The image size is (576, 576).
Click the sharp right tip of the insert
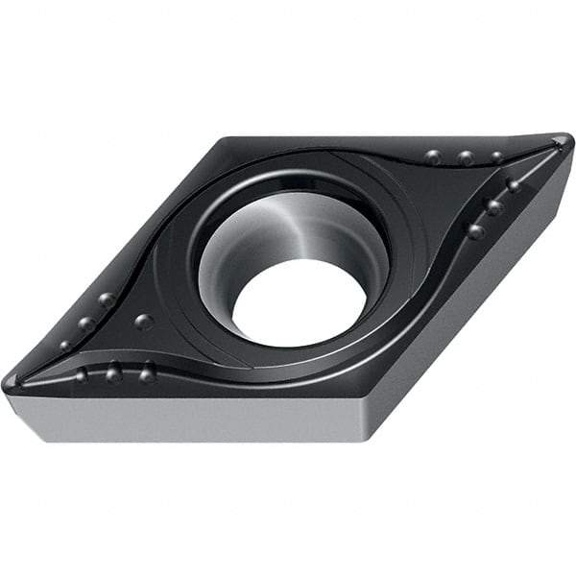(x=566, y=142)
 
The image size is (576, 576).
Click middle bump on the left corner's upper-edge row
(x=85, y=324)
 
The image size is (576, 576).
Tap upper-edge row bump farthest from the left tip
(x=106, y=300)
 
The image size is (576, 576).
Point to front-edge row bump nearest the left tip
(x=82, y=374)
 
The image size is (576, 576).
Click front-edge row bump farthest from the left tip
(x=147, y=373)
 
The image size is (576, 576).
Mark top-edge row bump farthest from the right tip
(x=434, y=157)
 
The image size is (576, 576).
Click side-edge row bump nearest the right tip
(x=514, y=185)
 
